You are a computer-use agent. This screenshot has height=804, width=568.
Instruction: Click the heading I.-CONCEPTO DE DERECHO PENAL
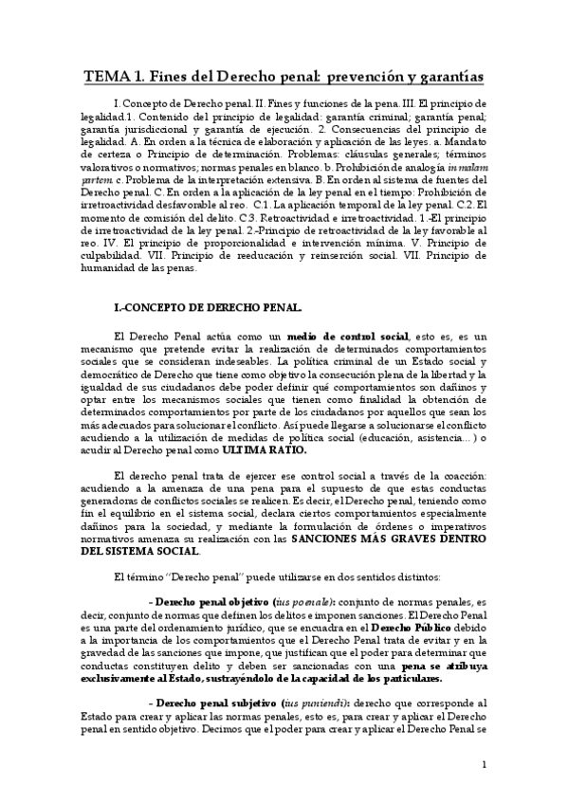(x=207, y=307)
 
